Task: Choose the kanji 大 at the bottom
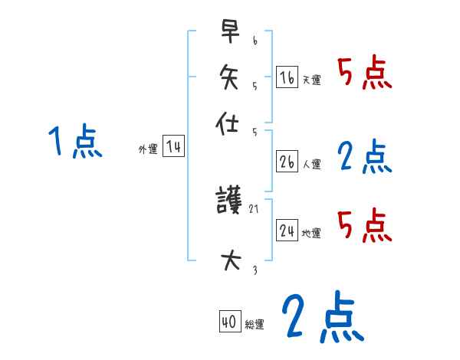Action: click(229, 260)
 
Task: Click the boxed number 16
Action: click(287, 77)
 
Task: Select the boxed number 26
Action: click(287, 162)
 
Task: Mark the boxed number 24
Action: click(287, 231)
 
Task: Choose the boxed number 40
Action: click(229, 322)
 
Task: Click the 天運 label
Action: click(311, 80)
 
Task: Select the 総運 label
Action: click(255, 325)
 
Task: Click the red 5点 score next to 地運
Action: click(365, 225)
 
